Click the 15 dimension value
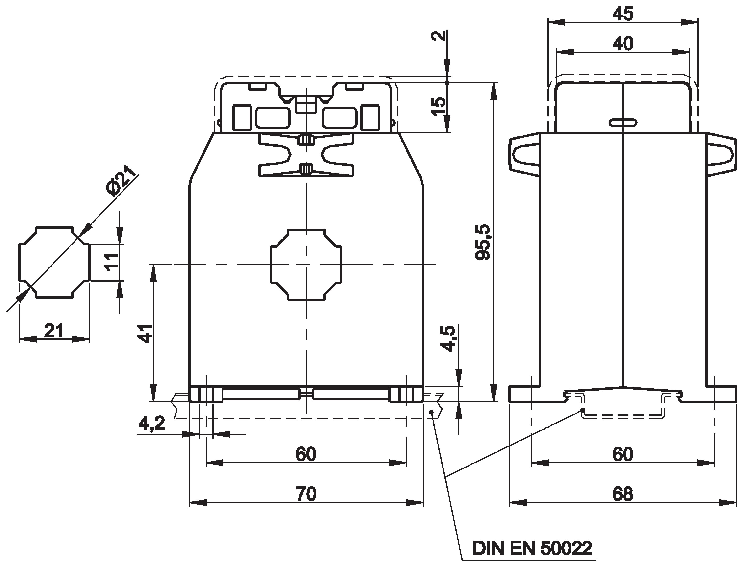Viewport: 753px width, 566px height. (438, 107)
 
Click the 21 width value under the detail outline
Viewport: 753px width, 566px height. (54, 331)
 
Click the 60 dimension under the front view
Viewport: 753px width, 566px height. (306, 454)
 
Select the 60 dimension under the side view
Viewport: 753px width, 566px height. (623, 454)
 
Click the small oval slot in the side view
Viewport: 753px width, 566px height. (623, 123)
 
